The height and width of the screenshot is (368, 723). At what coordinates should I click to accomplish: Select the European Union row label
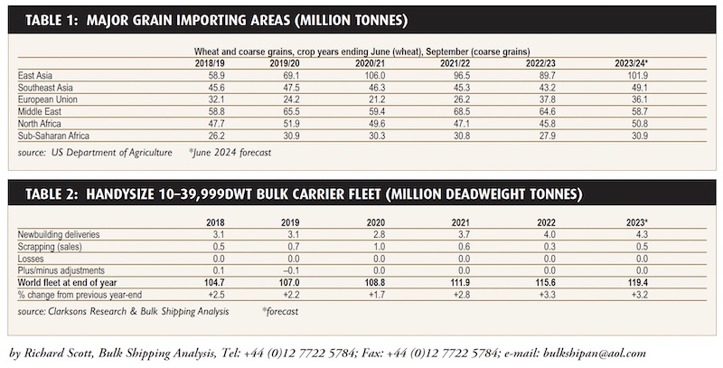(48, 99)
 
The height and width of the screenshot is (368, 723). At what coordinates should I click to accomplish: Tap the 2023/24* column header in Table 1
(631, 63)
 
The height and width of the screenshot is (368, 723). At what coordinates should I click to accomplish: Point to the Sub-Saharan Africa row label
(53, 136)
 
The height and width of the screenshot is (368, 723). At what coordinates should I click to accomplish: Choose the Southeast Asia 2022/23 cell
(547, 88)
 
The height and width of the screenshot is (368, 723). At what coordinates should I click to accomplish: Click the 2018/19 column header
(210, 63)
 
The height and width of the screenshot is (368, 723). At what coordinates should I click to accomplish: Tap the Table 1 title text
(217, 20)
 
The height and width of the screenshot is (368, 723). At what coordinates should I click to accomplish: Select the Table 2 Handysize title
(304, 194)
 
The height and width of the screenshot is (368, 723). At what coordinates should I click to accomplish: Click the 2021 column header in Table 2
(461, 222)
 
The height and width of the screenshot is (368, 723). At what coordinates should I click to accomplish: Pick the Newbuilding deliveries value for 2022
(549, 235)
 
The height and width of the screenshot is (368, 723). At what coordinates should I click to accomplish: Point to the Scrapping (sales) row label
(50, 247)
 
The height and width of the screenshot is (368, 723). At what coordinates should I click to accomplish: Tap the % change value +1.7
(377, 295)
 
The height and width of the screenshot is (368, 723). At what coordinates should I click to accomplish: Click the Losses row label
(31, 259)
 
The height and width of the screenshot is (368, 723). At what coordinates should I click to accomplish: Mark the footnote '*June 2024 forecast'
(230, 153)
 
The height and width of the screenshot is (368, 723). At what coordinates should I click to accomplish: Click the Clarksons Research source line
(123, 311)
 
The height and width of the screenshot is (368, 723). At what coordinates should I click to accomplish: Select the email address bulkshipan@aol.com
(595, 354)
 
